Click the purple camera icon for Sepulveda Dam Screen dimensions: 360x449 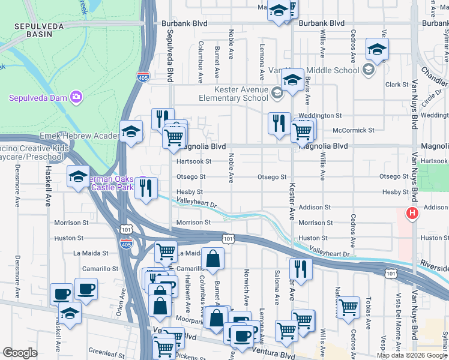pos(76,97)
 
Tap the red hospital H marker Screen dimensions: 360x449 pos(412,213)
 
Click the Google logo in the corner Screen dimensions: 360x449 pos(20,353)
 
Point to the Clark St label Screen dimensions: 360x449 pos(397,85)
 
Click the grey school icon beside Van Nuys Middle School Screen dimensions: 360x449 pos(369,70)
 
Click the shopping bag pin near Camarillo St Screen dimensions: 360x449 pos(212,259)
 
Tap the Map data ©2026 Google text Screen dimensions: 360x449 pos(412,355)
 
